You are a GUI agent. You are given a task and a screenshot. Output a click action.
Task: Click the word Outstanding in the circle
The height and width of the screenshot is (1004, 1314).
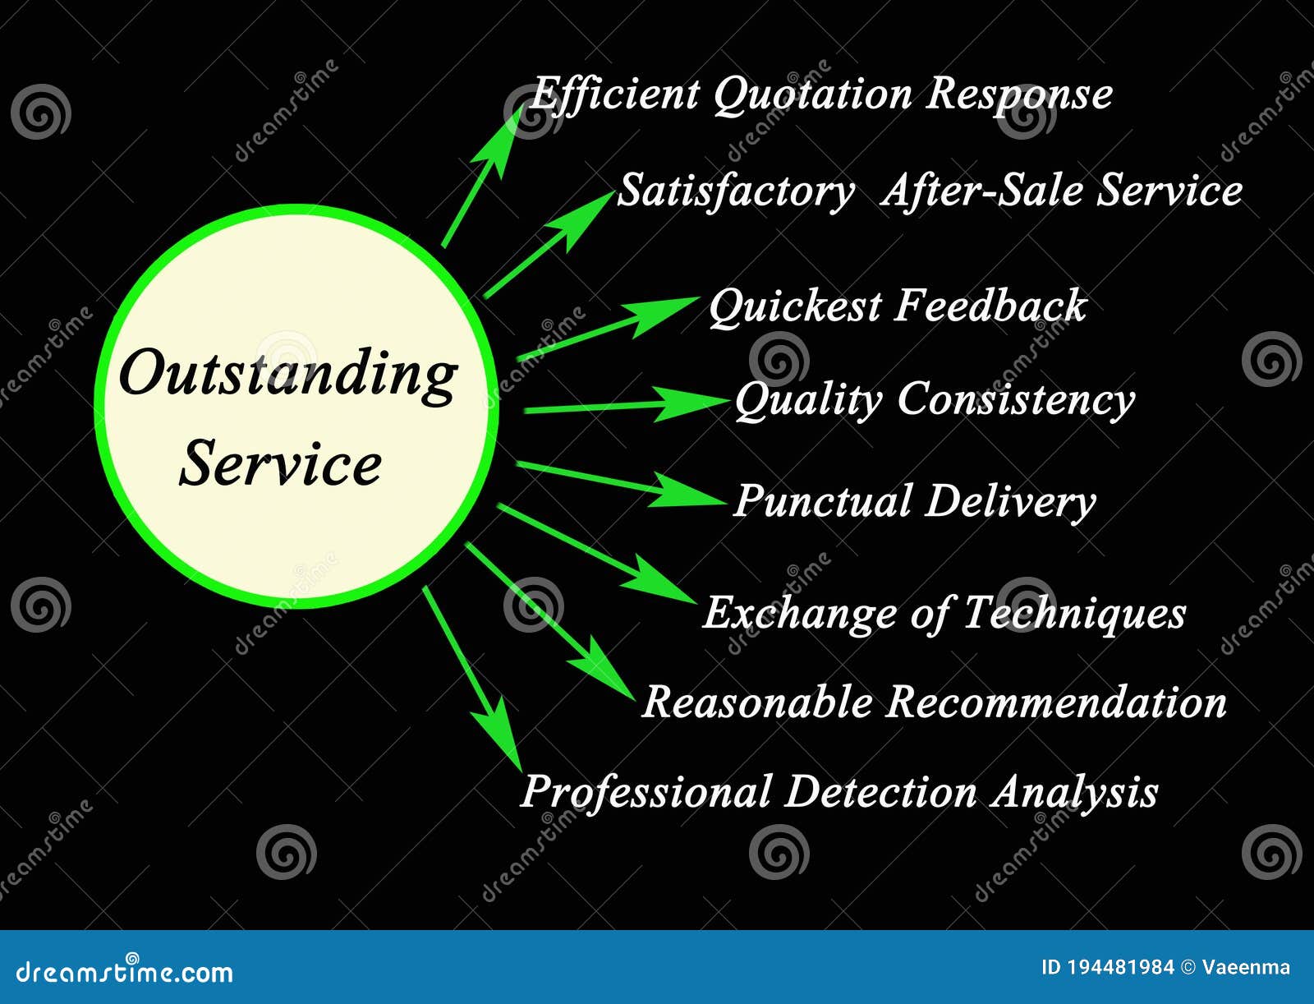(x=287, y=375)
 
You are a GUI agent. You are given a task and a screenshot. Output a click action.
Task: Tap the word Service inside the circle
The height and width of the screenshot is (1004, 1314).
(x=281, y=464)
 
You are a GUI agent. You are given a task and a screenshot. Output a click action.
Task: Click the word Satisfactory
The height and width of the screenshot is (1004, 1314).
(x=735, y=191)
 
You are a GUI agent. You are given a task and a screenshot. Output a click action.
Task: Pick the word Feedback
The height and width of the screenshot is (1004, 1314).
(x=990, y=306)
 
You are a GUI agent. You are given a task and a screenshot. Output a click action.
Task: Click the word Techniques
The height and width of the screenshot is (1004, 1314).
(x=1074, y=613)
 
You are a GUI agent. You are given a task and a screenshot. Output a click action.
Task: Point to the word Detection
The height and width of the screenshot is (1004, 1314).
(x=880, y=792)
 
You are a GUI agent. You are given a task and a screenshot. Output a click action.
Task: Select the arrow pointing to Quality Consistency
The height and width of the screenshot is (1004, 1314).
(x=624, y=405)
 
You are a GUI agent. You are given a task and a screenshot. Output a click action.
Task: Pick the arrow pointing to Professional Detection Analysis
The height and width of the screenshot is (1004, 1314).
(x=472, y=678)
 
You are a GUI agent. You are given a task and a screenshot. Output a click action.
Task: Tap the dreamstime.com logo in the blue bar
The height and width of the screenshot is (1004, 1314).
(x=125, y=972)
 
